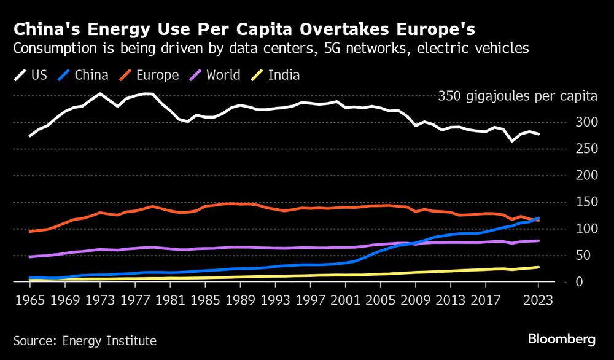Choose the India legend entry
[274, 76]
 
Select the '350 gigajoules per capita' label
[518, 96]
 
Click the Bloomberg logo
[562, 338]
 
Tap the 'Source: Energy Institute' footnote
[85, 340]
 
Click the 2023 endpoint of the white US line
[538, 134]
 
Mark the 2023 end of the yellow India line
[538, 267]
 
